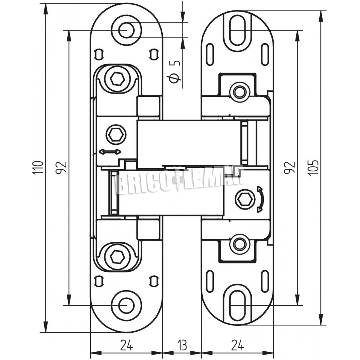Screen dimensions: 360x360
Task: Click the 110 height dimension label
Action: click(x=38, y=168)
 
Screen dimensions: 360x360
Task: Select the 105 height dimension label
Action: click(x=314, y=168)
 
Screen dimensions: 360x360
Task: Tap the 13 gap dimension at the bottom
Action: click(x=182, y=345)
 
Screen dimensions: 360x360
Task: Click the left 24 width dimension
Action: click(x=126, y=345)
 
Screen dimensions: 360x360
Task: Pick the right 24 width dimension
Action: click(x=238, y=345)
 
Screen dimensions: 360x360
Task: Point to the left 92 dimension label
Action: click(x=61, y=168)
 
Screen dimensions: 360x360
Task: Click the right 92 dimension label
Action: click(x=289, y=168)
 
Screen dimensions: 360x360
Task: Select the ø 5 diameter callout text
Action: click(x=175, y=72)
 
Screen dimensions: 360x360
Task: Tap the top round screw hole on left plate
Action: click(x=126, y=30)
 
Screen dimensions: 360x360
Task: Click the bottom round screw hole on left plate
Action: click(x=126, y=306)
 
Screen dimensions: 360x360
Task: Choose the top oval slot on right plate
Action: click(x=238, y=30)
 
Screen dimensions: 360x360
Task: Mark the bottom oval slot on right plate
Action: click(x=238, y=306)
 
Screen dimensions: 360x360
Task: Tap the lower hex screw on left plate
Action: click(x=117, y=256)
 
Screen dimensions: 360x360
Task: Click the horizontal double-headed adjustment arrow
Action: click(x=110, y=152)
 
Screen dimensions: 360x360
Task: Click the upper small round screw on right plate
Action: click(x=239, y=92)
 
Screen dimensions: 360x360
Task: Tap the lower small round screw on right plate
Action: click(x=239, y=243)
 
